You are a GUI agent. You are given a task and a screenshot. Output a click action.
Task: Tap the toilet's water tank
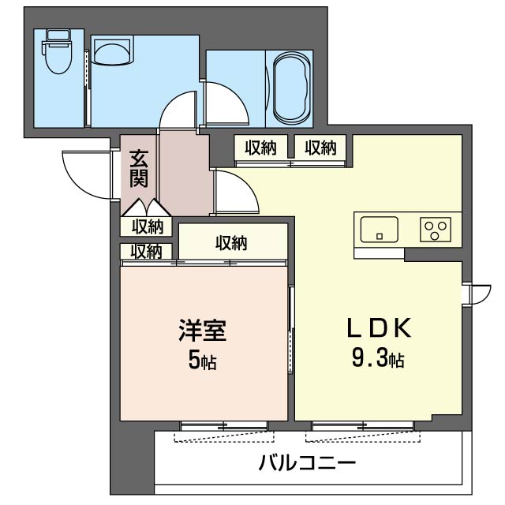click(x=58, y=36)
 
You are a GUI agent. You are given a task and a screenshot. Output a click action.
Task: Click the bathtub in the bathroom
click(x=292, y=88)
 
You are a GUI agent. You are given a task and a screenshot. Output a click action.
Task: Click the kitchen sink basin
click(x=380, y=229)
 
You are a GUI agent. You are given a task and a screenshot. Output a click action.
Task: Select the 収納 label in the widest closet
click(x=231, y=243)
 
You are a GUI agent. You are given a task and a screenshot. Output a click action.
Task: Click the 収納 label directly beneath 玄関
click(x=147, y=226)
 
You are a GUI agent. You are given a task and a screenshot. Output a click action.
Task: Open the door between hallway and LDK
click(x=235, y=193)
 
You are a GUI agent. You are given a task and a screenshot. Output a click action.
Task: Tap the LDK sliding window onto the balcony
click(x=361, y=427)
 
